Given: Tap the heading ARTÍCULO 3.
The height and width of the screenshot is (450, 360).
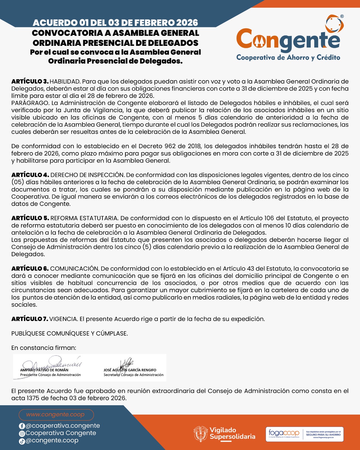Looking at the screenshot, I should click(x=30, y=82).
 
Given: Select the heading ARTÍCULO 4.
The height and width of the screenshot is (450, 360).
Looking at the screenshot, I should click(x=30, y=175).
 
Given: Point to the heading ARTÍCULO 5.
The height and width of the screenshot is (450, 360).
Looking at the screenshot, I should click(x=30, y=218).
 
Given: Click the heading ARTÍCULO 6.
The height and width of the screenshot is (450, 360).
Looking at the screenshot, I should click(x=30, y=269).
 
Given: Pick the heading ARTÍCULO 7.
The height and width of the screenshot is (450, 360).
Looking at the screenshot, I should click(x=30, y=319).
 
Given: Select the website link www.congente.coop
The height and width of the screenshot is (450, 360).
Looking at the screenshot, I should click(x=55, y=415).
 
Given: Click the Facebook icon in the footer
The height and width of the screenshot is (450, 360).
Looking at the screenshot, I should click(x=22, y=426).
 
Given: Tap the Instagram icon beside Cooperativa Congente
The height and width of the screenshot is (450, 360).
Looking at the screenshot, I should click(x=22, y=434).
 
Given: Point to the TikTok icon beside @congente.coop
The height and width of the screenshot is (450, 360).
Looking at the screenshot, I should click(x=22, y=441).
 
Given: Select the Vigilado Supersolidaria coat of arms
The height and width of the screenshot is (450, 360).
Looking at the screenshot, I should click(x=200, y=433).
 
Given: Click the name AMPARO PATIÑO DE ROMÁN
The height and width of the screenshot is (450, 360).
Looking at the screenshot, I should click(x=44, y=370).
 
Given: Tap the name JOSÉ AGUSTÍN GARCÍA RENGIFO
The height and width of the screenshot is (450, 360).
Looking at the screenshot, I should click(x=130, y=370).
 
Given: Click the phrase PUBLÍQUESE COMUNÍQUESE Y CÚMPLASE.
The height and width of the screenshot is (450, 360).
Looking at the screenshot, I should click(x=69, y=334).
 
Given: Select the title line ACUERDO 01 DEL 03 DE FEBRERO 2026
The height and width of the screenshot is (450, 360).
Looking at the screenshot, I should click(x=115, y=23).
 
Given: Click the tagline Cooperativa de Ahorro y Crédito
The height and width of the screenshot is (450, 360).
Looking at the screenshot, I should click(x=288, y=58).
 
